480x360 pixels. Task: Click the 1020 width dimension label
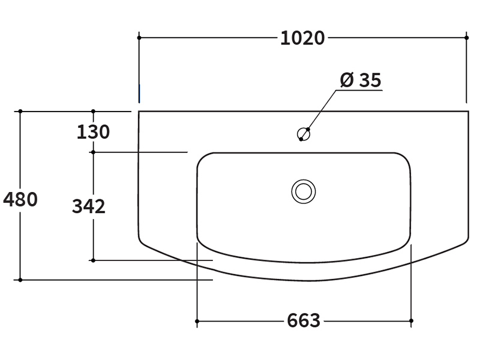pos(302,38)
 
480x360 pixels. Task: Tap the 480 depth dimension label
pos(20,199)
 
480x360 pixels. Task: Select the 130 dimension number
pos(93,132)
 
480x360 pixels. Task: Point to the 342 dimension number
pos(89,206)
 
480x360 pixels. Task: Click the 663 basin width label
pos(304,320)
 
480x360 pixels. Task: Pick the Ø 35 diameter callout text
pos(361,80)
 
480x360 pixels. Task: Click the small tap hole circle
pos(304,134)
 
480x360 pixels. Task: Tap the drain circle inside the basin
pos(304,191)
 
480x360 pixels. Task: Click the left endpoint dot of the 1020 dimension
pos(139,38)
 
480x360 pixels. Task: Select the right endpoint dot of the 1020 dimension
pos(467,38)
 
